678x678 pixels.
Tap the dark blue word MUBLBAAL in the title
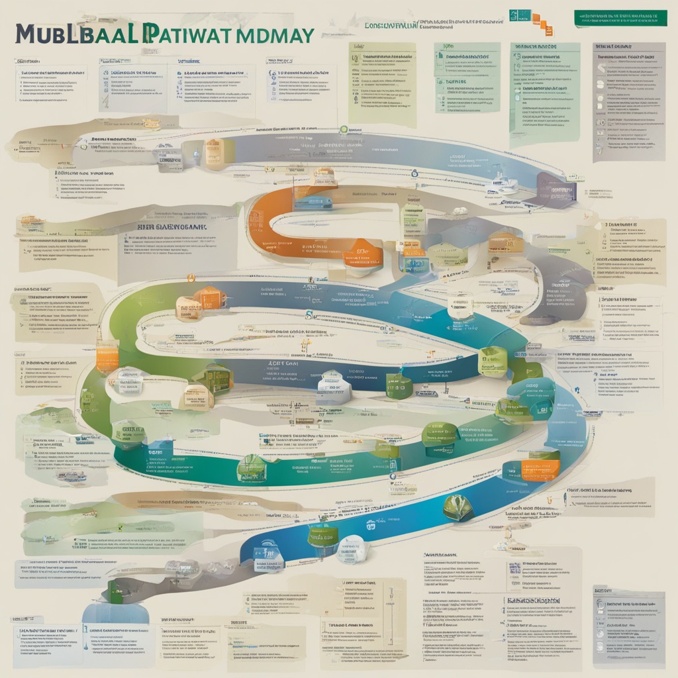click(x=79, y=35)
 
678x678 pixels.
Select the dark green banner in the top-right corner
click(x=620, y=19)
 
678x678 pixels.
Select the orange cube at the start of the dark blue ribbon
click(x=211, y=299)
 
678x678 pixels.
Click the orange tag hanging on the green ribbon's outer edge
click(x=107, y=358)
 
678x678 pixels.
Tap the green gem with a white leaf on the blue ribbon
click(x=458, y=507)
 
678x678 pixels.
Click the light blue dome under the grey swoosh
click(x=106, y=612)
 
